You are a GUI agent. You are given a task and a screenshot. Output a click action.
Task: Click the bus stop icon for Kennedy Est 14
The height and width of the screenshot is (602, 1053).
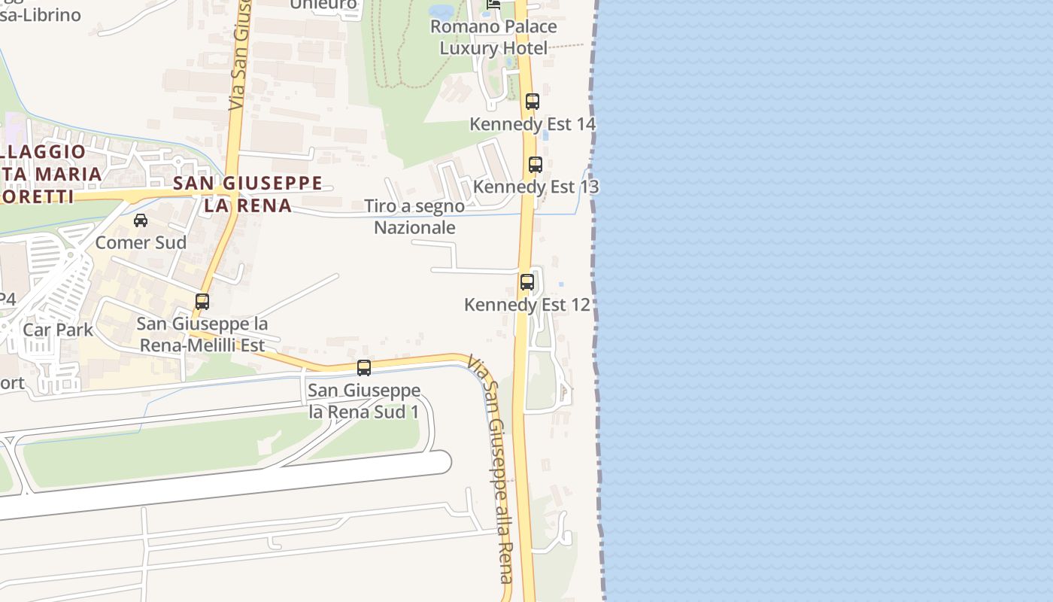(x=533, y=101)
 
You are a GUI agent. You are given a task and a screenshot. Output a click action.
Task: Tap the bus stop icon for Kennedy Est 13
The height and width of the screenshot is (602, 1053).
(x=536, y=164)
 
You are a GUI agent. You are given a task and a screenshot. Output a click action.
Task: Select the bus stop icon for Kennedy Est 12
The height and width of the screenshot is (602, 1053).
(x=527, y=282)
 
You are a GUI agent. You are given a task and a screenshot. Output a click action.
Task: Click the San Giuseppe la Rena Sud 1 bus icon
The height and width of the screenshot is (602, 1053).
(x=364, y=368)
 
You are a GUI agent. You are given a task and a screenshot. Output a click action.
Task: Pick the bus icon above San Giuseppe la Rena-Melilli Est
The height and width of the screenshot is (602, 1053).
(x=202, y=302)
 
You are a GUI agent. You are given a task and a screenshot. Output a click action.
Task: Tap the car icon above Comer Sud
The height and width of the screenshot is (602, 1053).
(x=141, y=220)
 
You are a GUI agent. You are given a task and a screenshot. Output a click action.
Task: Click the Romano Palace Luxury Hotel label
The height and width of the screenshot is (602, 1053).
(x=493, y=38)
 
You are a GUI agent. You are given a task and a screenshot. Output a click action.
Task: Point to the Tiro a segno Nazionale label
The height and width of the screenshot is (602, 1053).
(x=414, y=217)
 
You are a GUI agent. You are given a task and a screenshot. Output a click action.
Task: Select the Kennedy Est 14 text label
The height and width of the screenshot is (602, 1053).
(x=533, y=123)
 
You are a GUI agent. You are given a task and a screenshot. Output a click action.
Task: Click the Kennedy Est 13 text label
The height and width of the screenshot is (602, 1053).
(x=536, y=186)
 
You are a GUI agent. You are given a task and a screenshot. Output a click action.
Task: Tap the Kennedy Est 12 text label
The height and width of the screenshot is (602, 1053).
(x=526, y=305)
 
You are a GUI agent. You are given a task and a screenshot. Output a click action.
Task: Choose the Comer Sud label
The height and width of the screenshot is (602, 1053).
(x=141, y=242)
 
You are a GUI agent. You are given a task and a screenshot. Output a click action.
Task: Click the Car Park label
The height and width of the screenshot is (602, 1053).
(x=58, y=330)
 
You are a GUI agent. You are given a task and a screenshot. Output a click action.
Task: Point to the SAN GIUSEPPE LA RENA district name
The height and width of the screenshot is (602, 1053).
(x=247, y=194)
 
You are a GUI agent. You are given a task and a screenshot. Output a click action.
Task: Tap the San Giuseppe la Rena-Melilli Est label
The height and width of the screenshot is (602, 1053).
(x=201, y=335)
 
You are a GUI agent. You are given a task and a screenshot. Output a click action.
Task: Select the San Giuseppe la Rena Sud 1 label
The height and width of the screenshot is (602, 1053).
(x=364, y=401)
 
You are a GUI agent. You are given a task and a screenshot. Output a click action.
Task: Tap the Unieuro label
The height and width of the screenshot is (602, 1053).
(x=323, y=5)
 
